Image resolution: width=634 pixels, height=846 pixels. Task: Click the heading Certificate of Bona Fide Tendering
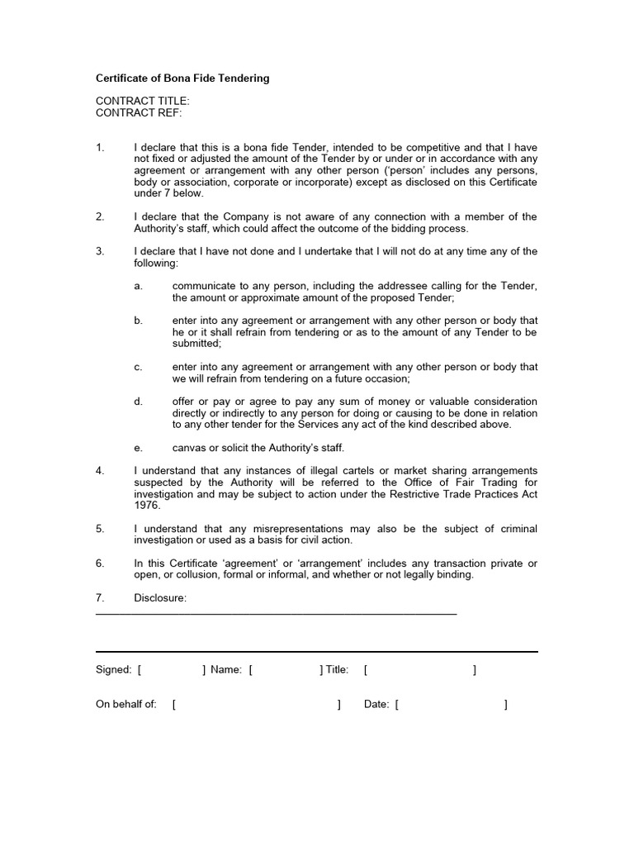pos(182,78)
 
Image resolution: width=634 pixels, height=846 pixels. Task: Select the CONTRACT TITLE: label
pos(143,101)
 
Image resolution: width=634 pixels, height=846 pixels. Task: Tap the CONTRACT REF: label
pos(139,112)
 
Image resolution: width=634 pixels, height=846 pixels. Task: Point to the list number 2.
pos(100,216)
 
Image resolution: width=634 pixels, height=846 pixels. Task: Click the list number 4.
pos(100,470)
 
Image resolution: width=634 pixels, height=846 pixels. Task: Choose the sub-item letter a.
pos(138,286)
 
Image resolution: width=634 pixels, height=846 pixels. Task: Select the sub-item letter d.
pos(138,402)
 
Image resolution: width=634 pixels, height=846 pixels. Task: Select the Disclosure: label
pos(160,597)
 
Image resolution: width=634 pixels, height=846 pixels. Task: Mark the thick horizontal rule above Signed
pos(317,652)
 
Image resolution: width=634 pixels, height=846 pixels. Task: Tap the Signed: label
pos(114,670)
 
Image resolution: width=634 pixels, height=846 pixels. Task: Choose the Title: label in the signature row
pos(337,670)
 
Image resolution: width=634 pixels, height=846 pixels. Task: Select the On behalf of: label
pos(126,705)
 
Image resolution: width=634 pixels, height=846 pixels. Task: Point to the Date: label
pos(376,705)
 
